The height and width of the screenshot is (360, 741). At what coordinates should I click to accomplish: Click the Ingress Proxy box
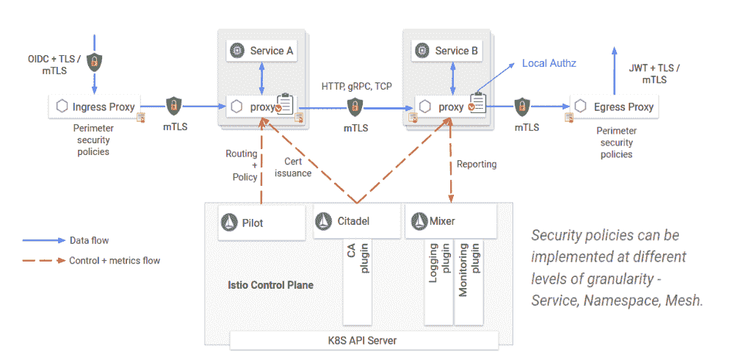[x=96, y=107]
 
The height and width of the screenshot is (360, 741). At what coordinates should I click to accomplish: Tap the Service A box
[x=262, y=51]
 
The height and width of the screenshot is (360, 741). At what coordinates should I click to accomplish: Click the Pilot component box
[x=261, y=221]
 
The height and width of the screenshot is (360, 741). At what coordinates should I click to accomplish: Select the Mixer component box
[x=449, y=221]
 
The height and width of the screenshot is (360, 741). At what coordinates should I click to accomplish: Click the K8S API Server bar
[x=364, y=340]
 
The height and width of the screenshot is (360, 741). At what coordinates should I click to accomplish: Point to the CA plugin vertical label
[x=357, y=261]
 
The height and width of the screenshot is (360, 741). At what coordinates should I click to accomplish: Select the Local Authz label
[x=549, y=63]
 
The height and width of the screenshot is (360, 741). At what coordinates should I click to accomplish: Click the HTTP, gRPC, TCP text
[x=357, y=86]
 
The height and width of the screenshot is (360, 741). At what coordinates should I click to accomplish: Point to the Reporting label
[x=477, y=164]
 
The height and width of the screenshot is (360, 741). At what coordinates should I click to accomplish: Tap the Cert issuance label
[x=298, y=167]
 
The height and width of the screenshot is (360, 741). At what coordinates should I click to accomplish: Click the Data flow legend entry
[x=89, y=240]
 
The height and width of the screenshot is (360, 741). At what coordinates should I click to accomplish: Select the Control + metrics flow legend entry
[x=114, y=260]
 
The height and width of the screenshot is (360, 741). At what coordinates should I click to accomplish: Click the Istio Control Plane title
[x=270, y=284]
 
